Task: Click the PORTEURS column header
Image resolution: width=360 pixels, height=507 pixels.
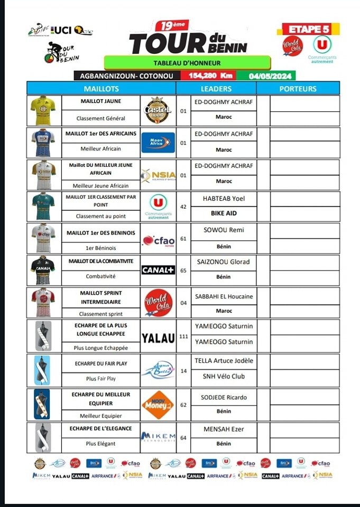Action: point(298,89)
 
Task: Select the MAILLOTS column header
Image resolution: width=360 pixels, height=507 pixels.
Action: point(101,89)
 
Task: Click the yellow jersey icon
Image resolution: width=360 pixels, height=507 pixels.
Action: point(42,110)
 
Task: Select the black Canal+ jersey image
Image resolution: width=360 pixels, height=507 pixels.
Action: point(42,270)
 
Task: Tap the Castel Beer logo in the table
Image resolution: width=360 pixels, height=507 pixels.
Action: point(158,110)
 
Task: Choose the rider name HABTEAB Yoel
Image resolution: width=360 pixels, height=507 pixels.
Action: point(224,199)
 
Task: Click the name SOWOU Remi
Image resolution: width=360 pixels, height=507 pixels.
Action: point(224,230)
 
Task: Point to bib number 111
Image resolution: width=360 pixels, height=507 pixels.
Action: point(183,336)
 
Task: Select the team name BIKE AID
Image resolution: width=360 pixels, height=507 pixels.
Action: point(224,213)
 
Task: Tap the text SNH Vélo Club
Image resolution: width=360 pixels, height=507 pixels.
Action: point(224,376)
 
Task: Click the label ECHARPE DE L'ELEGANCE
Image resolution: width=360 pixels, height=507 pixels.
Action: point(100,428)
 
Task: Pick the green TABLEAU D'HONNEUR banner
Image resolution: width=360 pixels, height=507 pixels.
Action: point(187,62)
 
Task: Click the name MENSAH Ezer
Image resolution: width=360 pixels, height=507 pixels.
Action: point(224,429)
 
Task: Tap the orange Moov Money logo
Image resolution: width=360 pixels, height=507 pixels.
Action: point(158,405)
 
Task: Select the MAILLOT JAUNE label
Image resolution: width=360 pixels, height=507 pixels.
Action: point(100,100)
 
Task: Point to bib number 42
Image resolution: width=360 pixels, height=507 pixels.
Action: point(183,206)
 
